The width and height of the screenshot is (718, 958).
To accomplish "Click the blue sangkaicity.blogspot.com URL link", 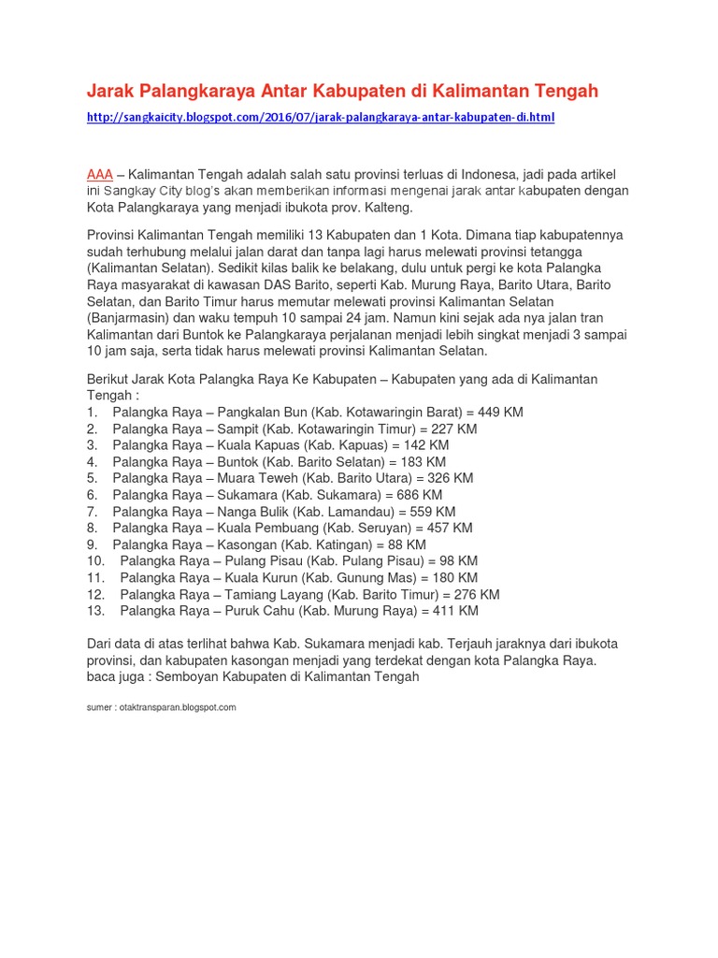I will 320,118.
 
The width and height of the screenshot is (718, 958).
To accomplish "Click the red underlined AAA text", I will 99,175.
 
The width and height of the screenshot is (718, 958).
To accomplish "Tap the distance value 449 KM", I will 500,413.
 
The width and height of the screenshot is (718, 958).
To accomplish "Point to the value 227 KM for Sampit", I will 453,429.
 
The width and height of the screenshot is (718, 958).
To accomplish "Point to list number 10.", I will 94,561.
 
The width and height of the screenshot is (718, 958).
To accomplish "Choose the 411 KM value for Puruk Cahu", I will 454,611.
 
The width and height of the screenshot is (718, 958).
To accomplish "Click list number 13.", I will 94,611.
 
